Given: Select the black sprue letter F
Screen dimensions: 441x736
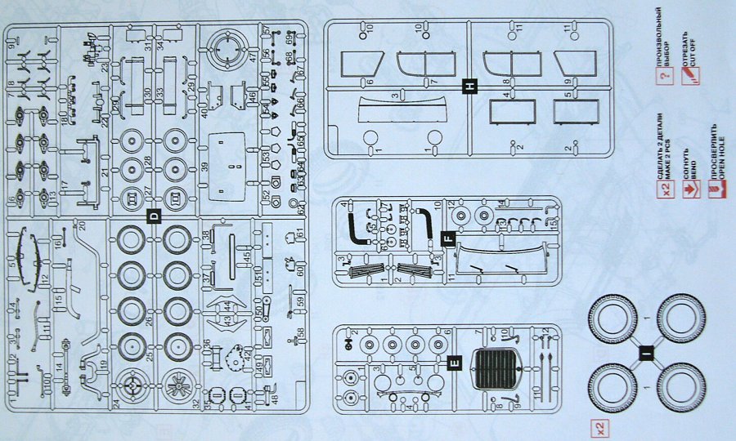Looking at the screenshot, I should pyautogui.click(x=447, y=239).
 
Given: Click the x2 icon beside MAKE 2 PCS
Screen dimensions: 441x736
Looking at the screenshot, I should pyautogui.click(x=666, y=191).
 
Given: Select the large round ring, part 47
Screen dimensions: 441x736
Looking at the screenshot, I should pyautogui.click(x=227, y=49).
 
